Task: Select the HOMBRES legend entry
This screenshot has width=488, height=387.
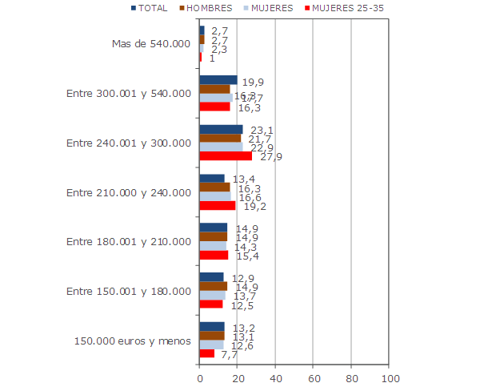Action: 210,8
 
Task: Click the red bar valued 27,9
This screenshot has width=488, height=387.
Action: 226,156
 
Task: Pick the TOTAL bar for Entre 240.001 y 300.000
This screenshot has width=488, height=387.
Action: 221,130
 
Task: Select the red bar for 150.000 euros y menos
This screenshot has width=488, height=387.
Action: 206,353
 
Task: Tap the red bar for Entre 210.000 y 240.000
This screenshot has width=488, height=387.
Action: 217,206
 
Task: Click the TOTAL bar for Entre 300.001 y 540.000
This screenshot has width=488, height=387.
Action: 218,80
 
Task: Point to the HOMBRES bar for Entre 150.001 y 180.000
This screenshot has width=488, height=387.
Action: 213,286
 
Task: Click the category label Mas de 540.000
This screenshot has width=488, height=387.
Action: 151,43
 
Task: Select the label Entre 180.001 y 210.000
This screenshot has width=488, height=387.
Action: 129,241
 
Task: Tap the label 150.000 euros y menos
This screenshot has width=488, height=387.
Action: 132,341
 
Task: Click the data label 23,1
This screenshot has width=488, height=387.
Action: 262,130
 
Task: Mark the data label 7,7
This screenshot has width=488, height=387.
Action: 230,355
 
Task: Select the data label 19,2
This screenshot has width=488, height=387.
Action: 254,206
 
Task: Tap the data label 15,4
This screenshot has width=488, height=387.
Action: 247,256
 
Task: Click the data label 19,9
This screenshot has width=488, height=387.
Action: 254,81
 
